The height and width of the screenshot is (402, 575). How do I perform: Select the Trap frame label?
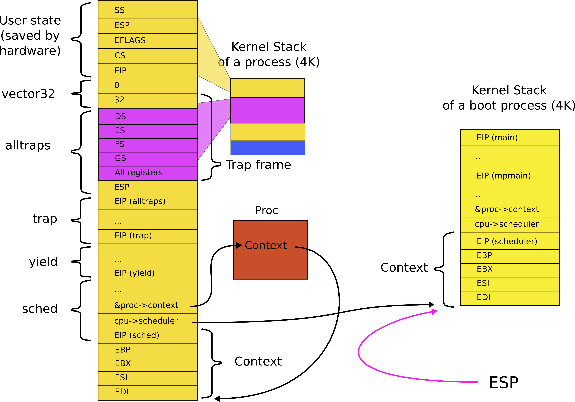click(258, 165)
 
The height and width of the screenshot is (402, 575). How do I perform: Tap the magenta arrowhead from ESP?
click(435, 312)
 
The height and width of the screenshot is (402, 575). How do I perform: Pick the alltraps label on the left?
click(28, 145)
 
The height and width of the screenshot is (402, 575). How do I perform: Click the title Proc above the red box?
click(266, 210)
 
